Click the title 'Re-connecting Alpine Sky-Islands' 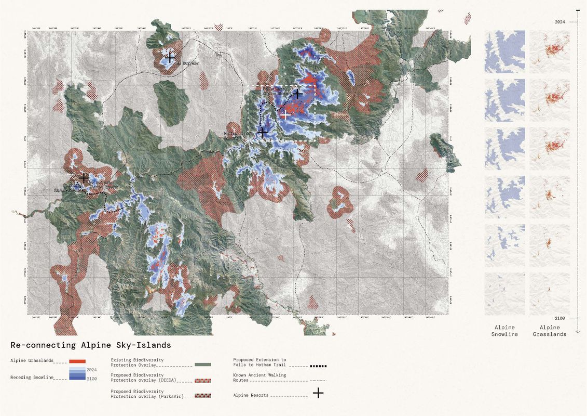90,345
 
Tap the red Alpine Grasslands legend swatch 76,361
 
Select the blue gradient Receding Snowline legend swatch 76,374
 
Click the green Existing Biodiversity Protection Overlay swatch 202,365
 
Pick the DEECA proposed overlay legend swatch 202,381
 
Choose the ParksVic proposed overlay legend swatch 202,396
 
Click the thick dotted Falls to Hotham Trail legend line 318,366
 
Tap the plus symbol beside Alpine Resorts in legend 319,394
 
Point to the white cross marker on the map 285,115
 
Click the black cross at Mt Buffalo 169,58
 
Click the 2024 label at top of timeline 559,22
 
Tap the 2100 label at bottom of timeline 559,317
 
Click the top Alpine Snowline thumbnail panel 504,51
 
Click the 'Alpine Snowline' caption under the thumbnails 504,331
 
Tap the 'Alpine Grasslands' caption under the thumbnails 550,331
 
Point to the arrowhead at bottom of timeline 578,331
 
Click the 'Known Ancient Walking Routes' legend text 260,378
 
